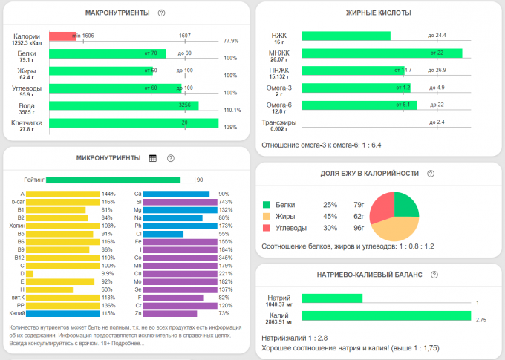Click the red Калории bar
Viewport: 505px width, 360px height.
click(x=62, y=36)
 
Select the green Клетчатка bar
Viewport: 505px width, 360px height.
click(x=134, y=122)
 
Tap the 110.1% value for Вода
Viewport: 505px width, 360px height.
click(x=232, y=110)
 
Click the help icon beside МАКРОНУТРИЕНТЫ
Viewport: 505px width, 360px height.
click(x=161, y=13)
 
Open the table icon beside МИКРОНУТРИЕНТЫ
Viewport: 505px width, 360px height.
click(x=152, y=158)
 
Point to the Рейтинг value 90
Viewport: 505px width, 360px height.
click(x=200, y=180)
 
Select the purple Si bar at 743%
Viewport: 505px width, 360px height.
click(x=180, y=202)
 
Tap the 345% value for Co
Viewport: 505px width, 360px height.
click(x=224, y=258)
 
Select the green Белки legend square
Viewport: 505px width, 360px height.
click(x=267, y=204)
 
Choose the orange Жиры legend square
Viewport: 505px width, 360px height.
click(x=267, y=217)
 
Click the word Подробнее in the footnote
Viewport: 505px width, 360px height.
click(x=128, y=344)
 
